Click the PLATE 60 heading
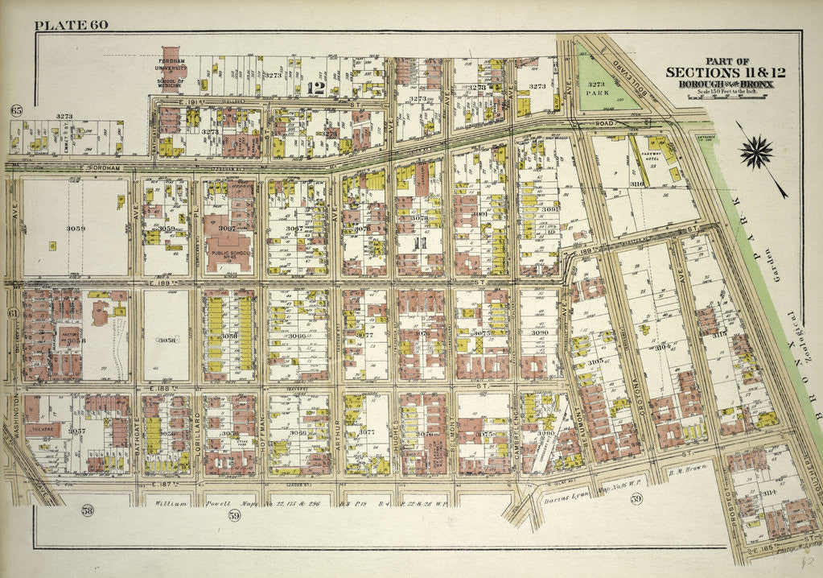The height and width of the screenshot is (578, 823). [x=71, y=24]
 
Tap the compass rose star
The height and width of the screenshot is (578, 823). [x=755, y=151]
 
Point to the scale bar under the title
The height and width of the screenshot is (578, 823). [x=726, y=97]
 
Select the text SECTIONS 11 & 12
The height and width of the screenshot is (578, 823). [x=725, y=72]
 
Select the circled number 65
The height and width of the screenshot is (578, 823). [x=14, y=110]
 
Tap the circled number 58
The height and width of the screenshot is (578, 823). [x=88, y=509]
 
